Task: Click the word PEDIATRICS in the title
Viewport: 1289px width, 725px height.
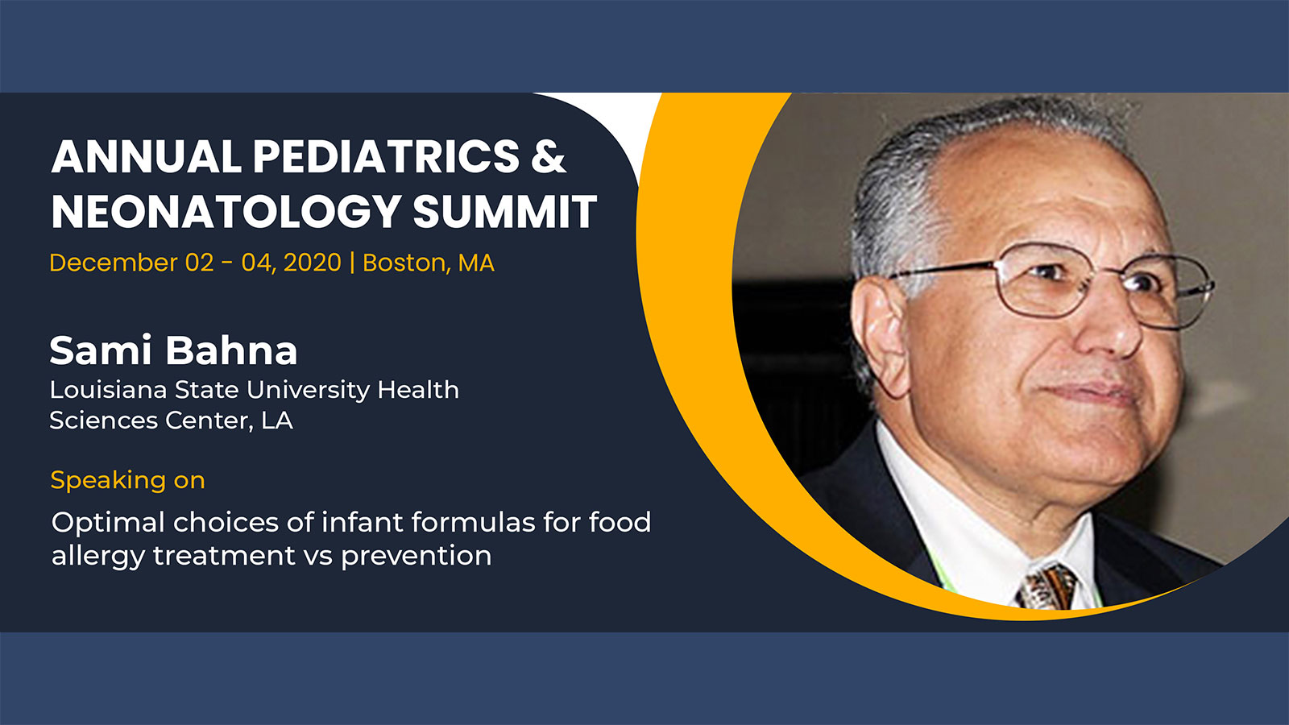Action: (x=386, y=156)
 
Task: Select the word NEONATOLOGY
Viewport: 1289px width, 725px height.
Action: (x=226, y=211)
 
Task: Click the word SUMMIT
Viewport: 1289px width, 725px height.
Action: (x=504, y=211)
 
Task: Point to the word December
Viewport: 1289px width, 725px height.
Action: (x=114, y=263)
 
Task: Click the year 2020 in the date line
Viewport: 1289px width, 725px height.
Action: (x=313, y=263)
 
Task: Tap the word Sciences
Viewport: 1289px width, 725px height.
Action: (x=104, y=420)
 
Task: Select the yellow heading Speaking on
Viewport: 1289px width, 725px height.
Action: (x=128, y=480)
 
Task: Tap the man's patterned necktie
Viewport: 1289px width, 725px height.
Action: (x=1047, y=588)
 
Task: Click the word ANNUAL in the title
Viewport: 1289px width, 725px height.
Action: (x=147, y=156)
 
